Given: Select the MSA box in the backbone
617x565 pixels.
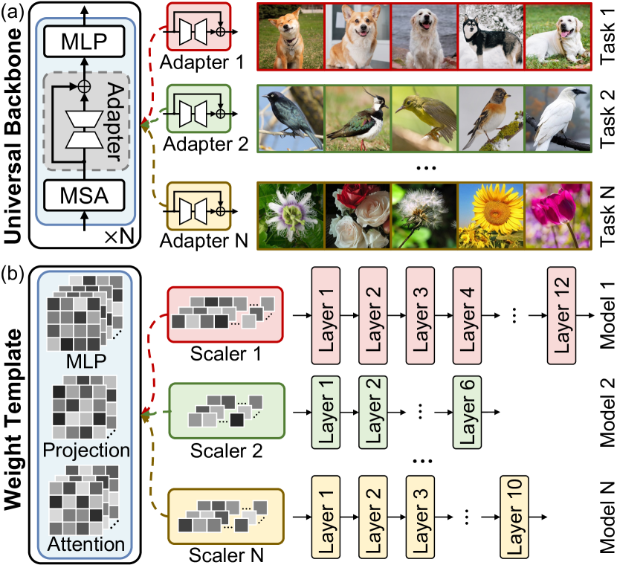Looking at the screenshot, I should click(83, 197).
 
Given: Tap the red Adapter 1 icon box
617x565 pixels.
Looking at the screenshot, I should click(198, 29).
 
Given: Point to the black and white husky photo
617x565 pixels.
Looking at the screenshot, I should click(490, 35).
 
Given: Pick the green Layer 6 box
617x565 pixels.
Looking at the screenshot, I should click(468, 411).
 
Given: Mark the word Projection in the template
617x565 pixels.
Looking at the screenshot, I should click(86, 450).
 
